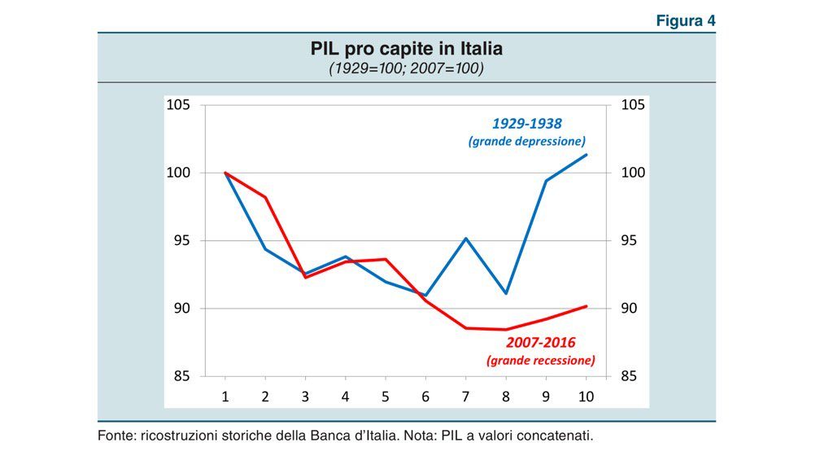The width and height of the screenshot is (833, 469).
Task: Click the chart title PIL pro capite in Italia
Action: click(x=407, y=49)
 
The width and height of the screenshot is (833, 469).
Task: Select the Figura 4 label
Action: click(x=686, y=21)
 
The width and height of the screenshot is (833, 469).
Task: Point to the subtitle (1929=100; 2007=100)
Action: click(x=406, y=69)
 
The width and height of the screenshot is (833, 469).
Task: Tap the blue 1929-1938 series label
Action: click(x=526, y=124)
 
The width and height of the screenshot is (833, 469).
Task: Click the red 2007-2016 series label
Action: click(x=540, y=343)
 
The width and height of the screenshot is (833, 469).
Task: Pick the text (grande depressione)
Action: click(x=526, y=141)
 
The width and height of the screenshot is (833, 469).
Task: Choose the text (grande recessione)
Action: click(x=540, y=360)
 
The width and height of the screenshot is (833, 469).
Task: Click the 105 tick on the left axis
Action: click(x=178, y=105)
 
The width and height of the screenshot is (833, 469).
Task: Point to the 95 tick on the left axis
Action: click(x=181, y=240)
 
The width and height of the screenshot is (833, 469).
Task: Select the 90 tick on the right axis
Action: click(x=632, y=309)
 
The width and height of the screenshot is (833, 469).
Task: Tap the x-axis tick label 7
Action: click(x=466, y=397)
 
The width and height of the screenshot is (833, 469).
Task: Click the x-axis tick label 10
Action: click(x=586, y=397)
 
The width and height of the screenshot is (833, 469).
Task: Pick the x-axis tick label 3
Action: click(x=305, y=397)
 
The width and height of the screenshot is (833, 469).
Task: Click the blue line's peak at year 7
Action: click(x=466, y=239)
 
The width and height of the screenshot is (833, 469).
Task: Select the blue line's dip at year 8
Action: click(x=506, y=293)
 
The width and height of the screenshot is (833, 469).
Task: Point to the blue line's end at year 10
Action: click(x=587, y=155)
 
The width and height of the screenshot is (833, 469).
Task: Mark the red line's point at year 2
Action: click(x=265, y=197)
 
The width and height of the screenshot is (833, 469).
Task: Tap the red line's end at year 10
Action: click(x=587, y=306)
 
